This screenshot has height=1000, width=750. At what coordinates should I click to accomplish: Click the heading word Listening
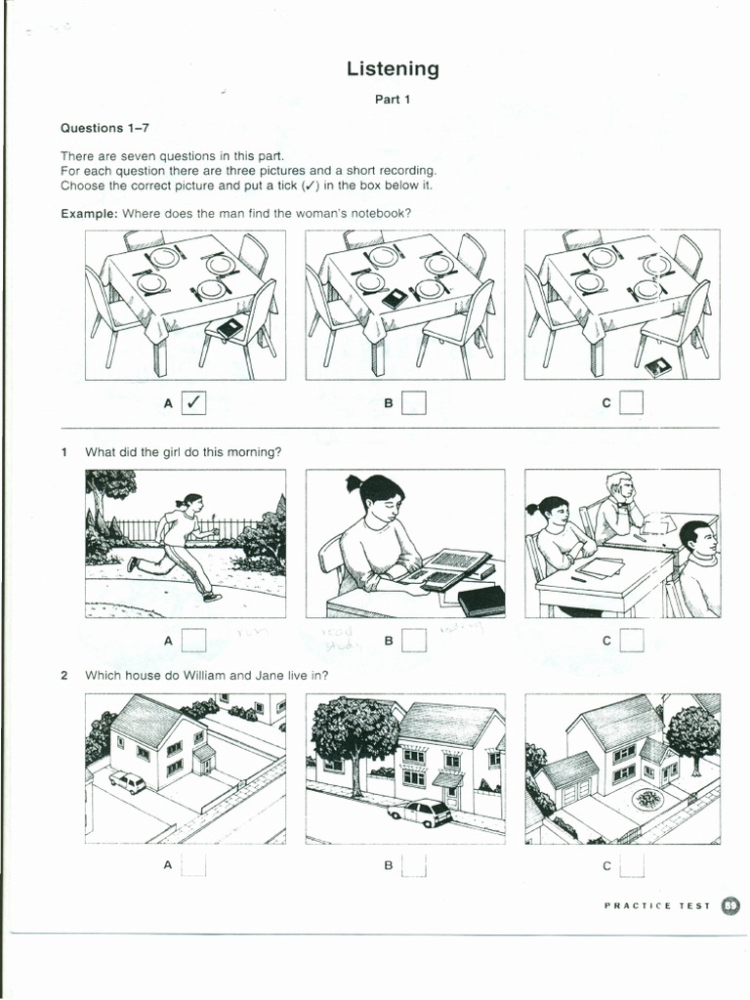pyautogui.click(x=393, y=68)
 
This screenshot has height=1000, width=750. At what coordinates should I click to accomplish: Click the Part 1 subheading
pyautogui.click(x=393, y=100)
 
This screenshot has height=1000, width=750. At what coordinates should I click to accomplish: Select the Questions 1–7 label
pyautogui.click(x=105, y=128)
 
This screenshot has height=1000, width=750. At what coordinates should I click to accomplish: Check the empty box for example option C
pyautogui.click(x=632, y=401)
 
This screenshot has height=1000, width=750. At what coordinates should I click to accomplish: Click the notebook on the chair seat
pyautogui.click(x=230, y=328)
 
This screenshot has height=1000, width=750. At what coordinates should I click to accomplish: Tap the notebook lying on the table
pyautogui.click(x=395, y=299)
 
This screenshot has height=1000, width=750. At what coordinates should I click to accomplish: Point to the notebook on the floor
pyautogui.click(x=658, y=367)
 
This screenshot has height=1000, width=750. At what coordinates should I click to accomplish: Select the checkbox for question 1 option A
pyautogui.click(x=194, y=641)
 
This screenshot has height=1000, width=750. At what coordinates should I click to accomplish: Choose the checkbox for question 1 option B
pyautogui.click(x=414, y=641)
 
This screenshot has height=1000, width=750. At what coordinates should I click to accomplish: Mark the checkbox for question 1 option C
pyautogui.click(x=632, y=641)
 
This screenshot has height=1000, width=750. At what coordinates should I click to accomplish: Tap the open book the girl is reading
pyautogui.click(x=445, y=566)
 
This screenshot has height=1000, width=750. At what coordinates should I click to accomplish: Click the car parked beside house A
pyautogui.click(x=128, y=781)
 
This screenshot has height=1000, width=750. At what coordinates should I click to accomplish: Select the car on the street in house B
pyautogui.click(x=421, y=812)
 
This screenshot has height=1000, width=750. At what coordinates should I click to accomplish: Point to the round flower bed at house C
pyautogui.click(x=646, y=799)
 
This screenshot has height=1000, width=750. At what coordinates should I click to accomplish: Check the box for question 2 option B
pyautogui.click(x=414, y=865)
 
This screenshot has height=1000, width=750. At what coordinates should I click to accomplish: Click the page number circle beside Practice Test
pyautogui.click(x=730, y=905)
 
